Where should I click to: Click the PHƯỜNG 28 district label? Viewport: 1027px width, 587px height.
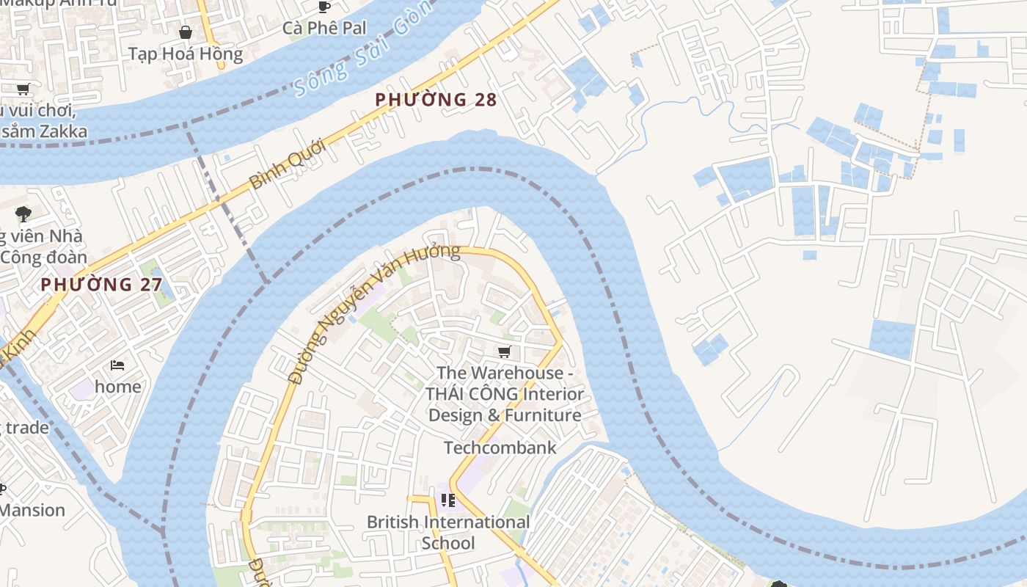[436, 100]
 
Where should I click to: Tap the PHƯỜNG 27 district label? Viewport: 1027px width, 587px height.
[101, 285]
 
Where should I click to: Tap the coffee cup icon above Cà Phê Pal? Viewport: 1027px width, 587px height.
[324, 7]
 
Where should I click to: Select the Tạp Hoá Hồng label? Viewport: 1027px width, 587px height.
[186, 54]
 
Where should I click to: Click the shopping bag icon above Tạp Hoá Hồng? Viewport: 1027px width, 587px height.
[186, 32]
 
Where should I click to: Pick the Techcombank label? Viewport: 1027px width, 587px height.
[500, 448]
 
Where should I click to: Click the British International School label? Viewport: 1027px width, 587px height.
[448, 532]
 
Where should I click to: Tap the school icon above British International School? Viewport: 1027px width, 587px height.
[448, 500]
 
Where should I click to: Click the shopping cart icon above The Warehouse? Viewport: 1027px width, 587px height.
[504, 352]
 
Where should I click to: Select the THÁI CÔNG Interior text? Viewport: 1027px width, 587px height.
[505, 394]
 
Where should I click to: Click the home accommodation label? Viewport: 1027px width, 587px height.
[118, 386]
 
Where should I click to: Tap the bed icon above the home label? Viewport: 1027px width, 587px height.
[117, 365]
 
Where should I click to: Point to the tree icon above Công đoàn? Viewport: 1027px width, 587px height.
[23, 214]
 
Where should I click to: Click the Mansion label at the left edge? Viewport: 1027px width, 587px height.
[32, 510]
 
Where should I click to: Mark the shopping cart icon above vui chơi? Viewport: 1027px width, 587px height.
[23, 90]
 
